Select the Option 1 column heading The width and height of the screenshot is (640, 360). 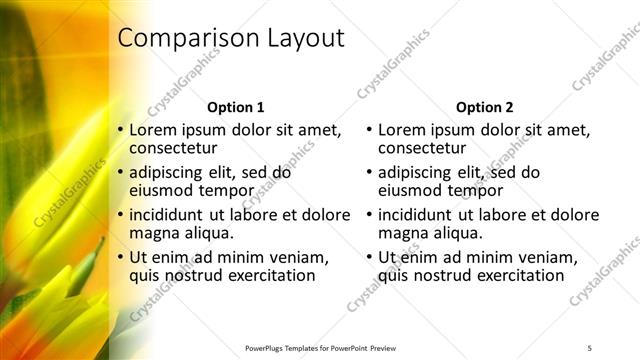pyautogui.click(x=235, y=107)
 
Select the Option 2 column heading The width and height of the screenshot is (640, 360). pyautogui.click(x=485, y=107)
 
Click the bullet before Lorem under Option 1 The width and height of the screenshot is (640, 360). pyautogui.click(x=121, y=131)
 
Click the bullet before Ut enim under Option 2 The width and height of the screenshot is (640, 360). pyautogui.click(x=370, y=257)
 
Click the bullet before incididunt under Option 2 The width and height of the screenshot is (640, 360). pyautogui.click(x=370, y=215)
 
